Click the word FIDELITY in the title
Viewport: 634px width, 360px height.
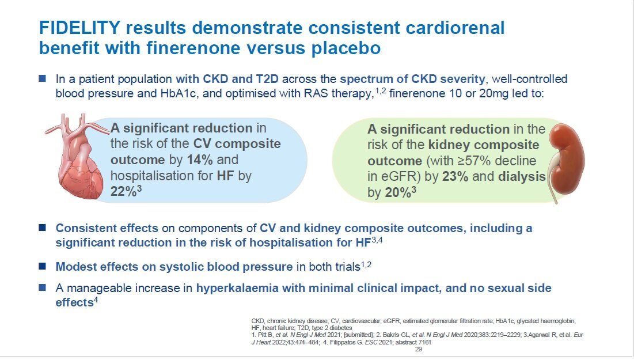tap(79, 28)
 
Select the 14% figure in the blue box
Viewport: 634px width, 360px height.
tap(200, 160)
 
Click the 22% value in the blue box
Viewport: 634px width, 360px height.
tap(124, 191)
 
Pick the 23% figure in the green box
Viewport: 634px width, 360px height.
tap(455, 177)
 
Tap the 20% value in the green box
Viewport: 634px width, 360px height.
tap(398, 192)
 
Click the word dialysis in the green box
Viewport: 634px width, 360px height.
tap(522, 177)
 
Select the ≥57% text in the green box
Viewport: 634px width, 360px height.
tap(474, 161)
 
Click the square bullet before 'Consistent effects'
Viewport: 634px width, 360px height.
tap(43, 228)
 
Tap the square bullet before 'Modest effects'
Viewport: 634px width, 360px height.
tap(43, 266)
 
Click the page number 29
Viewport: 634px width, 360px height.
tap(419, 349)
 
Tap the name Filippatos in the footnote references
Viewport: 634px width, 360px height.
tap(342, 342)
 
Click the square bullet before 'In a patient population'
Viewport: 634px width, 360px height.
tap(43, 78)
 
